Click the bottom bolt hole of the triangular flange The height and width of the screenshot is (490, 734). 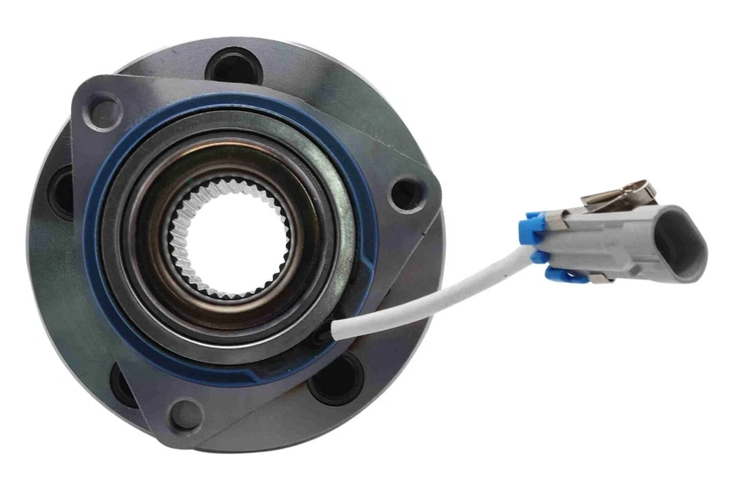coord(186,415)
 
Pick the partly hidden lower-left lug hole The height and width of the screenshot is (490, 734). coord(122,383)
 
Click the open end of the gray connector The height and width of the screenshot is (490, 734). coord(680,242)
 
